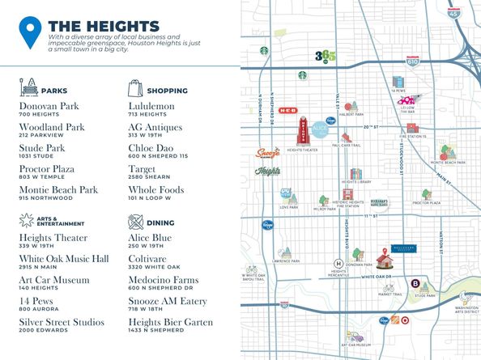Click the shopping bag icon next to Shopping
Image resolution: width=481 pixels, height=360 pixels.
click(x=134, y=87)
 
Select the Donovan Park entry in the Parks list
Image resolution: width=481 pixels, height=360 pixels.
click(x=49, y=106)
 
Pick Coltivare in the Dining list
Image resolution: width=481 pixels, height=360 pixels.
click(x=151, y=259)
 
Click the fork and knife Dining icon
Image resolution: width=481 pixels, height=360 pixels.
click(x=134, y=220)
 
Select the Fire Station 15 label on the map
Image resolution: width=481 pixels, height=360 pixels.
click(x=416, y=136)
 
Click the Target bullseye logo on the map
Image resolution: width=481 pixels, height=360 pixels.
click(x=396, y=320)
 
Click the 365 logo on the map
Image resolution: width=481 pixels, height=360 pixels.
click(x=324, y=57)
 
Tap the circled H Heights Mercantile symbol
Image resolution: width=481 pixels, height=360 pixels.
click(x=338, y=262)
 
